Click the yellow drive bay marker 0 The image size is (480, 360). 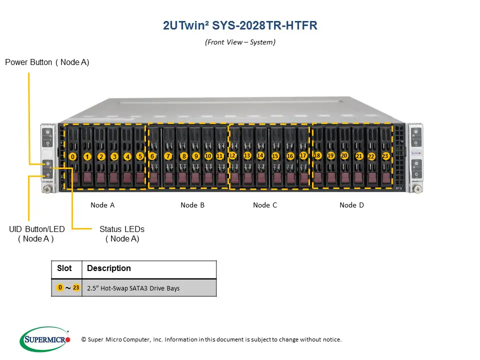click(73, 156)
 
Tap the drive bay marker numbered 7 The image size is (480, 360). click(168, 156)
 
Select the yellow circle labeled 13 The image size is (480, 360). click(247, 155)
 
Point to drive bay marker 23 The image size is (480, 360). click(385, 156)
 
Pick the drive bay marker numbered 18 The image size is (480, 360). click(317, 155)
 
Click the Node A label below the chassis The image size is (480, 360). click(102, 205)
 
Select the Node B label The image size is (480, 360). click(192, 205)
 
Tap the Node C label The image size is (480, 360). click(265, 205)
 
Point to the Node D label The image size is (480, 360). click(351, 205)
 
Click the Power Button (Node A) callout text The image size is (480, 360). click(47, 62)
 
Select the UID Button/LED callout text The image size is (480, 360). click(36, 233)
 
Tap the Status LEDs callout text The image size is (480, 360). click(122, 233)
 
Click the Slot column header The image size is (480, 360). click(65, 268)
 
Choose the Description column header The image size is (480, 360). click(109, 268)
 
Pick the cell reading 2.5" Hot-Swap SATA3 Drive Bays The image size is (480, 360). click(133, 288)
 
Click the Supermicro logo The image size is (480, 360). click(45, 339)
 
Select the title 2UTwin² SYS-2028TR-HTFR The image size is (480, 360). click(240, 25)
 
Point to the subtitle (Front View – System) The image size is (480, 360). click(240, 42)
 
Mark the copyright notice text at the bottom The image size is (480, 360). click(211, 339)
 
